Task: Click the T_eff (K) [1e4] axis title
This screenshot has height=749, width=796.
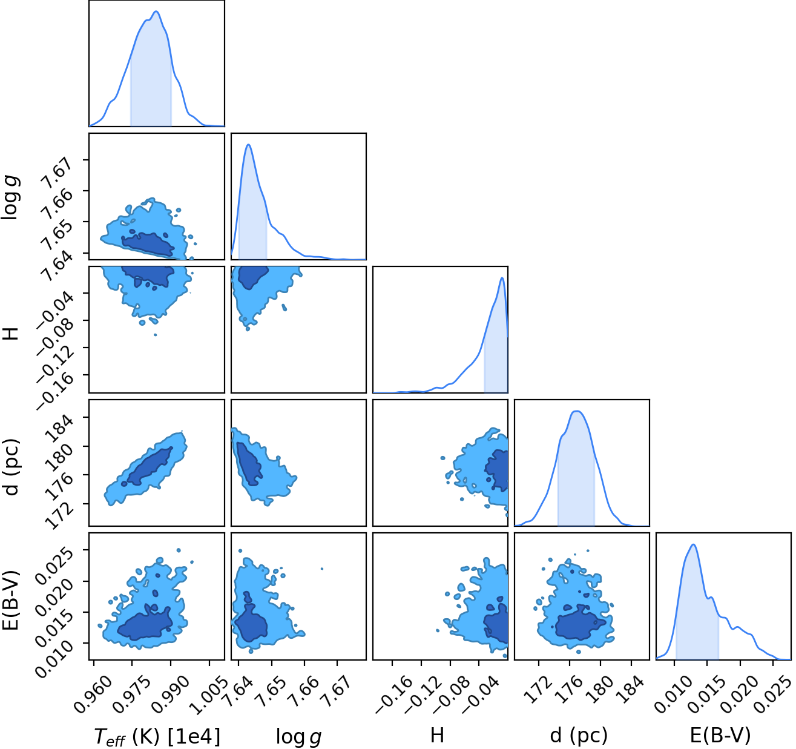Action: (x=157, y=736)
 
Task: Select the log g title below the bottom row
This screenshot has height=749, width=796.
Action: (x=298, y=736)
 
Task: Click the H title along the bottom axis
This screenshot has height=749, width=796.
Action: (x=437, y=735)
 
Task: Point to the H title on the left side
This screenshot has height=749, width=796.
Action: (x=11, y=334)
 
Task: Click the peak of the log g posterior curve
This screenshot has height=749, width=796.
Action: (x=249, y=144)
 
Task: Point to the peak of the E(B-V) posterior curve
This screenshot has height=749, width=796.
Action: (x=693, y=544)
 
